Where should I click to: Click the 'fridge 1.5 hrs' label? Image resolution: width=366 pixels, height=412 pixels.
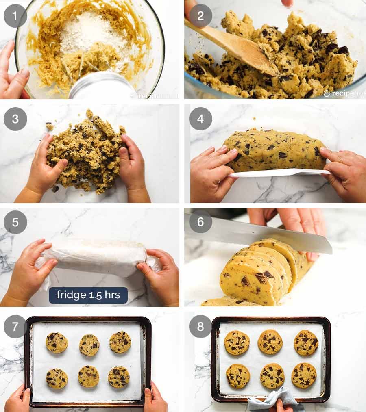coord(88,295)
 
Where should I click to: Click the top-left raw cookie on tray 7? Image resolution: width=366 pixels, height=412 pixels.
coord(57,343)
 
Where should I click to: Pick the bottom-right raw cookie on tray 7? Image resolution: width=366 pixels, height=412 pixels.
coord(119,377)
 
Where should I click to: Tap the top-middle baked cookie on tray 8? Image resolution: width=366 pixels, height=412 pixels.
coord(270,342)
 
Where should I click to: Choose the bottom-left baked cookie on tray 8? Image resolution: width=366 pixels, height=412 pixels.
coord(237,376)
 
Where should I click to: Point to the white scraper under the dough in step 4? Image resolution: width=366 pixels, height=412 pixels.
coord(281,172)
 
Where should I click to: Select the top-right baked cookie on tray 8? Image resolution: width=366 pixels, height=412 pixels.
coord(306,343)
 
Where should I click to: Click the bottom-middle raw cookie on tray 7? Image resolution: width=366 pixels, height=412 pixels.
coord(88,376)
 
